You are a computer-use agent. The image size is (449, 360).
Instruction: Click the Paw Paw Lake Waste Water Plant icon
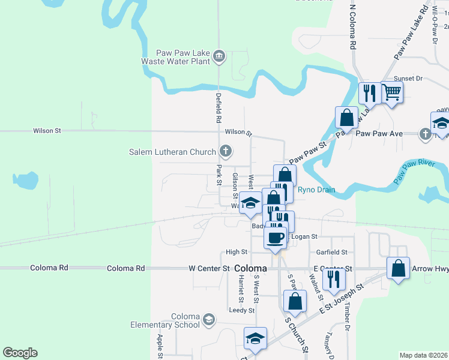tap(219, 56)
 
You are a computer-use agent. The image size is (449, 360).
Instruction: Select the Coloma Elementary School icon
tap(208, 318)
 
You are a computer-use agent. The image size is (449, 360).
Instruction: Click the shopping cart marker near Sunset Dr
tap(392, 92)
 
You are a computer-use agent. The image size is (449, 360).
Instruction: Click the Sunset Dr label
tap(408, 79)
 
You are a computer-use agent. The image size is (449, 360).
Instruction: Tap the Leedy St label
tap(242, 310)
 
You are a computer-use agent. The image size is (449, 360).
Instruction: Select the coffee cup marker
tap(276, 238)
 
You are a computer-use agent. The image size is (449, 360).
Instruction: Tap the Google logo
tap(20, 353)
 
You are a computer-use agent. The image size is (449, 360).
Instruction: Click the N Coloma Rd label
tap(353, 28)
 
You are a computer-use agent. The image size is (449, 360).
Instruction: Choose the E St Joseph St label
tap(342, 298)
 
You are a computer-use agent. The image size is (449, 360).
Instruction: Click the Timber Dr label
tap(347, 317)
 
